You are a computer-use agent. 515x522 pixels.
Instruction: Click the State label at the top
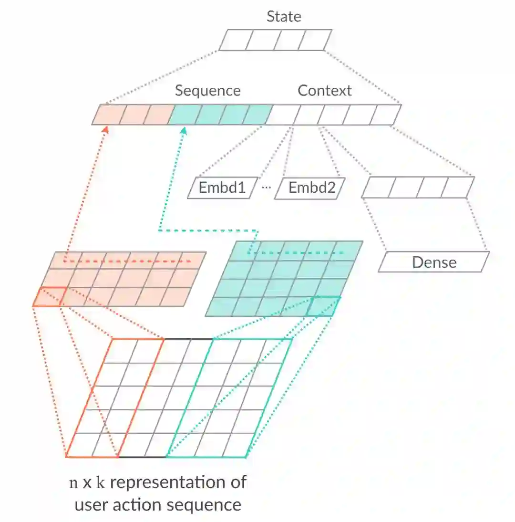point(284,17)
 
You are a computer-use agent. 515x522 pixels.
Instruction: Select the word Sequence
point(207,91)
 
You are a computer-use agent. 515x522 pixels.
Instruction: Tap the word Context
point(325,91)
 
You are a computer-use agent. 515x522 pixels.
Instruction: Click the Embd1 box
point(222,188)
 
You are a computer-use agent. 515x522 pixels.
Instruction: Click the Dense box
point(434,262)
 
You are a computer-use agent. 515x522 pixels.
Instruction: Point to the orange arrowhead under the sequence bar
point(108,129)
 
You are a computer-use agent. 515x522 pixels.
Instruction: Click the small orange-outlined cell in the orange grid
point(47,296)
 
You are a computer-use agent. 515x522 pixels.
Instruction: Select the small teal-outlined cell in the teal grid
point(324,306)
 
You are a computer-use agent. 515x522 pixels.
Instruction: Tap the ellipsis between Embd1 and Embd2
point(267,187)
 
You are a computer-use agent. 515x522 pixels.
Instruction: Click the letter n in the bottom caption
point(73,483)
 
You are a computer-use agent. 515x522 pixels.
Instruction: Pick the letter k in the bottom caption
point(101,482)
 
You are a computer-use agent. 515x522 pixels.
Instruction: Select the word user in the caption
point(91,504)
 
